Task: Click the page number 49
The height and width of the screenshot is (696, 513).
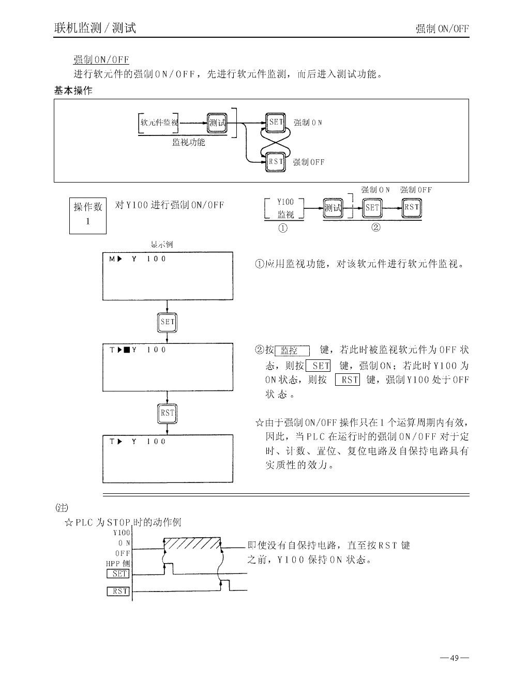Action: pos(455,658)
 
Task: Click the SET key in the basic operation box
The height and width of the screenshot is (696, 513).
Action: pos(276,123)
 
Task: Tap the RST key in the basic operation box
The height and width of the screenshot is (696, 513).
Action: pos(276,161)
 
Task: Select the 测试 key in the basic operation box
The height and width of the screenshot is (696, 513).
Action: pos(217,123)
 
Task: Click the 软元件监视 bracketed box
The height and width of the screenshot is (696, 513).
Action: pos(158,123)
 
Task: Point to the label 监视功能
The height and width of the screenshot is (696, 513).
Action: pos(188,142)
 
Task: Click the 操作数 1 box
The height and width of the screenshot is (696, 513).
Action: pos(88,215)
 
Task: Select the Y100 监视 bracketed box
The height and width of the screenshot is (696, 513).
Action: pos(284,208)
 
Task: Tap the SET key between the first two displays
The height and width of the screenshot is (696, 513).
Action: pos(167,322)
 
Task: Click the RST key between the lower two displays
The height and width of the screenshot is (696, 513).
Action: pos(167,413)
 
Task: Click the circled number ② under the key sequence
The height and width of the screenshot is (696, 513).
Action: pos(376,227)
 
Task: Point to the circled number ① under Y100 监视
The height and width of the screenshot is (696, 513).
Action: pos(283,228)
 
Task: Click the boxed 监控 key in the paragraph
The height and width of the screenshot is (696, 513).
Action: pos(292,351)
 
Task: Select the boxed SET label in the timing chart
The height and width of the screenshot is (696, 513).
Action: pos(118,573)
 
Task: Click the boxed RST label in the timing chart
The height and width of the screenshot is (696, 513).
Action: pos(118,591)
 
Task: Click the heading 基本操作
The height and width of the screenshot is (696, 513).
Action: pos(73,90)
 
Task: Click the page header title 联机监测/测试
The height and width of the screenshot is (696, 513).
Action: pos(95,28)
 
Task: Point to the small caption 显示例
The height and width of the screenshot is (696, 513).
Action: pos(161,245)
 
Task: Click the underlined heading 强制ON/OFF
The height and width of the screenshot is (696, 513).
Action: pos(101,60)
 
